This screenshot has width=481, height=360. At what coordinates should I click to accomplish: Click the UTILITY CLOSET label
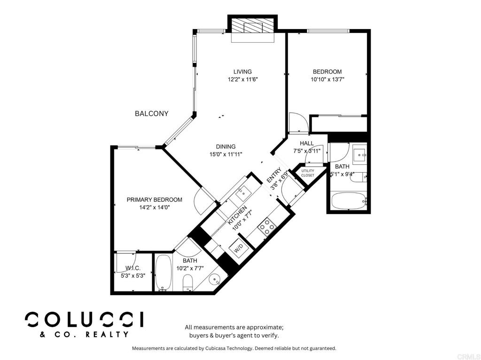pyautogui.click(x=308, y=173)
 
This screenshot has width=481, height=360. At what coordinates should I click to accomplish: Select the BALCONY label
pyautogui.click(x=152, y=114)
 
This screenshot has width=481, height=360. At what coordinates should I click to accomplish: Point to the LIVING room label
pyautogui.click(x=243, y=72)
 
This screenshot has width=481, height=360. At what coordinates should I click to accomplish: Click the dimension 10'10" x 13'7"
pyautogui.click(x=327, y=79)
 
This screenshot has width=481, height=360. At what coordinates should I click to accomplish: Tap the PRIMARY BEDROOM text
pyautogui.click(x=154, y=199)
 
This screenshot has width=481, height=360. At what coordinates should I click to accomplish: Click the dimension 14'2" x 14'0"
pyautogui.click(x=154, y=207)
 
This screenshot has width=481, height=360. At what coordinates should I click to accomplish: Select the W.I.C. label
pyautogui.click(x=133, y=268)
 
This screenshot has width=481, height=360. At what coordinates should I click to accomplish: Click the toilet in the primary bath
pyautogui.click(x=187, y=282)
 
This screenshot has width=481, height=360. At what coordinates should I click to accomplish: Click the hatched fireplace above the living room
pyautogui.click(x=252, y=26)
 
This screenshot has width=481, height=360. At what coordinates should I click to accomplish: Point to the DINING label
pyautogui.click(x=225, y=146)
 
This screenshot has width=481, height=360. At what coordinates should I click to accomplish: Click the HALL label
pyautogui.click(x=307, y=143)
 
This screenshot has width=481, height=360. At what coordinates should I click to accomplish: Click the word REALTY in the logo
pyautogui.click(x=107, y=334)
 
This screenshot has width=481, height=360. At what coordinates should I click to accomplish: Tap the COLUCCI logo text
pyautogui.click(x=84, y=320)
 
